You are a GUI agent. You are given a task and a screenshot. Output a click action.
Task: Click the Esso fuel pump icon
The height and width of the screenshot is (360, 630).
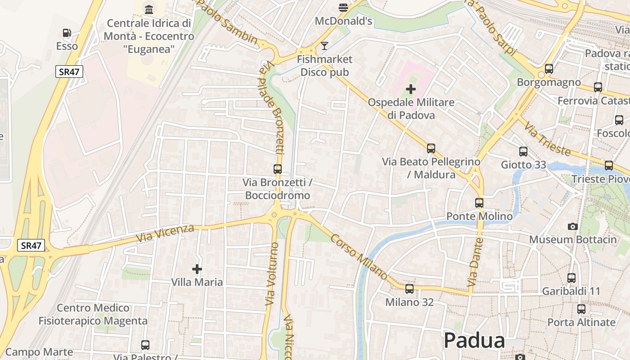click(67, 33)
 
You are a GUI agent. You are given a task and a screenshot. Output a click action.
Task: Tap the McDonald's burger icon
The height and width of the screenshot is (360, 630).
click(343, 8)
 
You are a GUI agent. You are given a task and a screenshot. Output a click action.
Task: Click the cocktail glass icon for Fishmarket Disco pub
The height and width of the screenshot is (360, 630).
click(324, 45)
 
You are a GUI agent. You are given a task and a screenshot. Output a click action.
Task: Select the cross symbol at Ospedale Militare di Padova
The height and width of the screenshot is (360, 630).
click(411, 89)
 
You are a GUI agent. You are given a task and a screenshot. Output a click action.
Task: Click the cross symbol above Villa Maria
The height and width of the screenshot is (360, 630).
click(197, 269)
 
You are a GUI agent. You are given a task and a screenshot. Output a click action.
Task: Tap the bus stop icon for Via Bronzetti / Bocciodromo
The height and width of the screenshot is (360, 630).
click(278, 169)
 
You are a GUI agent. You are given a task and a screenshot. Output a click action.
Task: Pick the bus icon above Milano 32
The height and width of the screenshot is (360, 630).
click(409, 288)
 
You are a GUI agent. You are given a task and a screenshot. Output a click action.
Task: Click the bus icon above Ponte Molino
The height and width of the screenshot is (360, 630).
click(479, 203)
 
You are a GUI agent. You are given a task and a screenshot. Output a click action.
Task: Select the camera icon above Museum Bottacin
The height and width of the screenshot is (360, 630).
click(573, 226)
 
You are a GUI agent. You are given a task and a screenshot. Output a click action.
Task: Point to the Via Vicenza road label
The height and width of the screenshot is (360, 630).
click(165, 233)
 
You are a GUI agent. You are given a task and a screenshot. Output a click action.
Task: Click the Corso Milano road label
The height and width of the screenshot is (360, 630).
click(359, 256)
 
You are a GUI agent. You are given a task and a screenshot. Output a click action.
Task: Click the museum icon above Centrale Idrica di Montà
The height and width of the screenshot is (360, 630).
click(149, 9)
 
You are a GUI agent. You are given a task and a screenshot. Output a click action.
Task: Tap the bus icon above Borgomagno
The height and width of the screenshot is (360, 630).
click(549, 69)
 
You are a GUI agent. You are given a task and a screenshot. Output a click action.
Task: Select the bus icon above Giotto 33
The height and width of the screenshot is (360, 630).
click(523, 152)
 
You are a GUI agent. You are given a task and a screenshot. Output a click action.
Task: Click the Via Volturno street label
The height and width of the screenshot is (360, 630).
click(272, 274)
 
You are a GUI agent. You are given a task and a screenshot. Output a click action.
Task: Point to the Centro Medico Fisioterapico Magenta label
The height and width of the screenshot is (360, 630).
click(93, 315)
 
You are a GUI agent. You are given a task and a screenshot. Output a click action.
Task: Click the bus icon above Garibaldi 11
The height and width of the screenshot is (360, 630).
click(571, 278)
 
